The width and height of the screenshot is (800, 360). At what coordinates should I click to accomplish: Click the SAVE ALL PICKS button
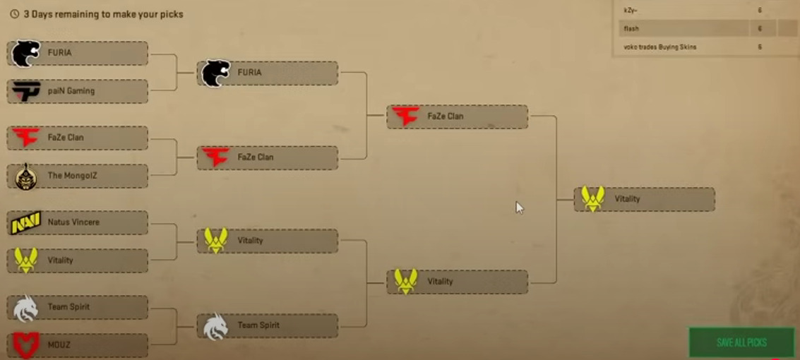pos(741,342)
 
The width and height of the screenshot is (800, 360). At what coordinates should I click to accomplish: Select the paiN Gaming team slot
pos(78,91)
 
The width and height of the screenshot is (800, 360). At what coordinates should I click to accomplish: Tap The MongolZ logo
pos(26,176)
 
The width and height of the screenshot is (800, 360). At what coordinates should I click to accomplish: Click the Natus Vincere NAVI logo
pos(25,222)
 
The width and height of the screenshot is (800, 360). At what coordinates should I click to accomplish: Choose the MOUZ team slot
pos(78,345)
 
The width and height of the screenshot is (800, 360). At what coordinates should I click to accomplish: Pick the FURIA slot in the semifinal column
pos(268,73)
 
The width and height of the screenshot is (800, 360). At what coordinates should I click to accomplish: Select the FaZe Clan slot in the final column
pos(457,116)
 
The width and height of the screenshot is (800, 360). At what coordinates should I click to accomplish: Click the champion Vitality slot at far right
pos(644,199)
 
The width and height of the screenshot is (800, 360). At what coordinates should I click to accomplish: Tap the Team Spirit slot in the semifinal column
pos(268,325)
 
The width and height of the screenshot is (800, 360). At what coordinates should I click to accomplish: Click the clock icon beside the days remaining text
pos(14,14)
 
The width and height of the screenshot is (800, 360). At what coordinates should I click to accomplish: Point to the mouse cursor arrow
pos(518,207)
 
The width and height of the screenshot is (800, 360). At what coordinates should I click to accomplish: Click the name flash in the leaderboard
pos(631,28)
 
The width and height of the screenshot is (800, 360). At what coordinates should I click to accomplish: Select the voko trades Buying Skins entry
pos(659,47)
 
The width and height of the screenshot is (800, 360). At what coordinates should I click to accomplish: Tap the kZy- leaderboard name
pos(631,10)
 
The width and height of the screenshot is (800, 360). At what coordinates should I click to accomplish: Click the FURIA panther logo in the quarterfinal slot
pos(26,53)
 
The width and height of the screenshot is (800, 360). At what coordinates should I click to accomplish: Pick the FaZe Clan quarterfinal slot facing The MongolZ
pos(78,138)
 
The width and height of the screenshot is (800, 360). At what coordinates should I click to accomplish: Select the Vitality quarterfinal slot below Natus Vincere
pos(78,260)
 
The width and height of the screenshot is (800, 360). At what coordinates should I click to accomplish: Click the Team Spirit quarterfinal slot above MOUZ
pos(78,307)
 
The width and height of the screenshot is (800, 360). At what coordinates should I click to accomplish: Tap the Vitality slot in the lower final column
pos(457,282)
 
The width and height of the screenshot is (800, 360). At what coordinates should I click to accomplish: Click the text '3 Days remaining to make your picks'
pos(103,14)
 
